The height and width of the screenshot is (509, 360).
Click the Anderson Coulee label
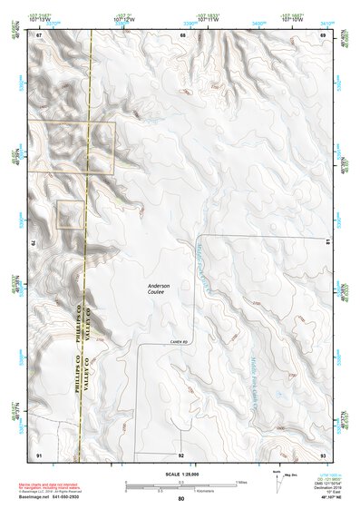[160, 290]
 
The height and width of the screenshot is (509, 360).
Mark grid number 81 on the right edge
[327, 240]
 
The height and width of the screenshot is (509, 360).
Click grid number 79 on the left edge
[35, 243]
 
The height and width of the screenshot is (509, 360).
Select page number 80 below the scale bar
[181, 498]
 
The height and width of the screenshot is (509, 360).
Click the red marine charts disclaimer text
[54, 487]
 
